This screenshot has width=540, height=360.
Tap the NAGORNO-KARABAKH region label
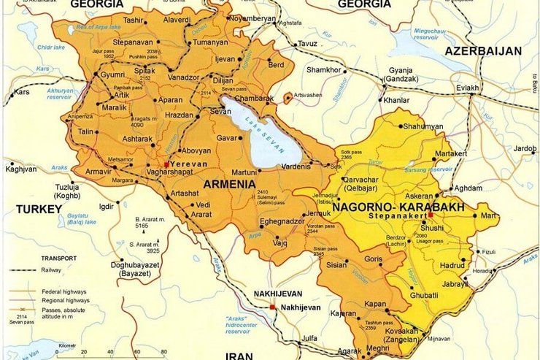click(398, 207)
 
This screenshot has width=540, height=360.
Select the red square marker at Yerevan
click(166, 165)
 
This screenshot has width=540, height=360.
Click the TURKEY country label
click(39, 209)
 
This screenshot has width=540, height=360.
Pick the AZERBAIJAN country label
click(482, 51)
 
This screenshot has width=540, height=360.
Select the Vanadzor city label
click(183, 77)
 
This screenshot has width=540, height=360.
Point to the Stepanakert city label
click(397, 217)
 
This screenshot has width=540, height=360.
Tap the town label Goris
click(372, 259)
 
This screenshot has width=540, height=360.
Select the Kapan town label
click(376, 302)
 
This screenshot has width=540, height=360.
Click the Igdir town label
click(107, 206)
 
